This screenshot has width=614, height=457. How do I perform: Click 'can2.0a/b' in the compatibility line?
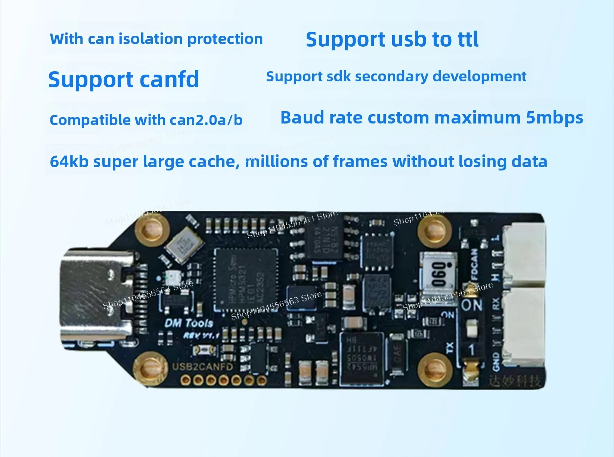(206, 120)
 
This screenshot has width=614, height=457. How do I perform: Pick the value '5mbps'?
(554, 118)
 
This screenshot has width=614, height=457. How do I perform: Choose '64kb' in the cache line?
(69, 162)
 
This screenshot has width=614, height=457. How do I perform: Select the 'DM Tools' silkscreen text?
(189, 323)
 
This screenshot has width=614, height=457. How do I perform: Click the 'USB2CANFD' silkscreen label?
(202, 367)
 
